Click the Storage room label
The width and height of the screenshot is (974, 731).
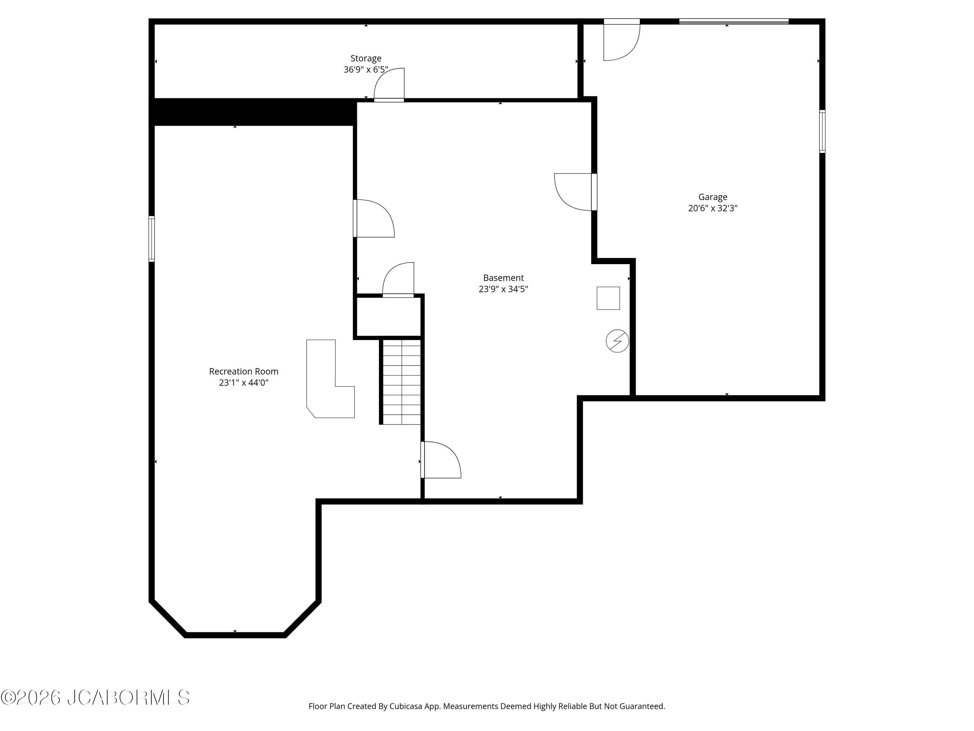366,58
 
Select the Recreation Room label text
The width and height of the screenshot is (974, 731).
243,371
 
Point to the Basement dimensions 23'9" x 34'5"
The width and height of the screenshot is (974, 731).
503,289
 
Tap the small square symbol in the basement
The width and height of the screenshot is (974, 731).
608,298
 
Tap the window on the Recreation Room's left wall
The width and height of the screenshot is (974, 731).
152,239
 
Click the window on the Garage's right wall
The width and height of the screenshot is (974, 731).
822,131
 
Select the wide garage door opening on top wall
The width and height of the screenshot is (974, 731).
733,21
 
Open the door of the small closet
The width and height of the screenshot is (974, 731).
398,280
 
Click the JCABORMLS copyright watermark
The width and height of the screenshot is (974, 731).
95,698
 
